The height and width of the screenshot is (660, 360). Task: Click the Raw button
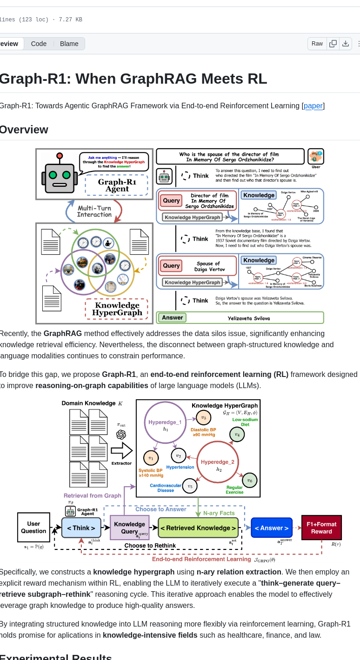(x=317, y=44)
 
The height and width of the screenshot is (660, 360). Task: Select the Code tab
(x=39, y=44)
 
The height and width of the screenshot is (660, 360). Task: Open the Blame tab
(x=69, y=44)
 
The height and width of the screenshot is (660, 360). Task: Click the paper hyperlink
(x=313, y=106)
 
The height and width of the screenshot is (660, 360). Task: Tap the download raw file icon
(x=346, y=44)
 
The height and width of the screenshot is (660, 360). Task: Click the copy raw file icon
(x=333, y=44)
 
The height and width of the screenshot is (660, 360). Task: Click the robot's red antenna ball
(x=60, y=156)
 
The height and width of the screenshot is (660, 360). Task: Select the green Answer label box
(x=172, y=318)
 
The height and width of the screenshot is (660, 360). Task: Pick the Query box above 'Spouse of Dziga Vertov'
(x=171, y=266)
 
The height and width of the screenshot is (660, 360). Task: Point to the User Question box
(x=33, y=528)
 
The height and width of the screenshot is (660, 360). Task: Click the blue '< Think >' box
(x=81, y=528)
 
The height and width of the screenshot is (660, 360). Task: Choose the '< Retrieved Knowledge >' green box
(x=198, y=528)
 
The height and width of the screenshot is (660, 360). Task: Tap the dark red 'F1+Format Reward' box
(x=321, y=528)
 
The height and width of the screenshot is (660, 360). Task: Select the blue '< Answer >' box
(x=272, y=528)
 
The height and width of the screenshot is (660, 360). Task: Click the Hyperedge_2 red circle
(x=218, y=462)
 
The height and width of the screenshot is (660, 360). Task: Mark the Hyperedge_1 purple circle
(x=165, y=422)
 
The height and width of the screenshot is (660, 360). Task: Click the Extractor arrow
(x=121, y=450)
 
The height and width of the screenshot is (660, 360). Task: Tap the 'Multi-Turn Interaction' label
(x=94, y=211)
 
